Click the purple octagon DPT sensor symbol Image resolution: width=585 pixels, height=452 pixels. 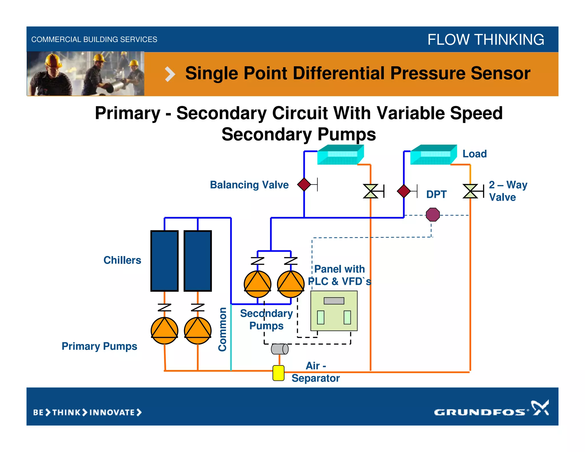433,215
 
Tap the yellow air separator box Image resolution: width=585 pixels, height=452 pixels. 278,373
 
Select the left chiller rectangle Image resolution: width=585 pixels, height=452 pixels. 165,261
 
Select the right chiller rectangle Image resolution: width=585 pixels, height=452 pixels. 198,261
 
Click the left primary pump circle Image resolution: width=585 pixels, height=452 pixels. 165,331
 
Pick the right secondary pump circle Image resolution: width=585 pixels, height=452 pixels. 291,284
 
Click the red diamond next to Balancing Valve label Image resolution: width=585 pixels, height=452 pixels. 304,184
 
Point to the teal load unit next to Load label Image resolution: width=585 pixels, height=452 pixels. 433,155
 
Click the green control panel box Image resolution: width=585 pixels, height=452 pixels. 334,311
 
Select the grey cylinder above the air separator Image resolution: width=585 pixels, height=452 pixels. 280,349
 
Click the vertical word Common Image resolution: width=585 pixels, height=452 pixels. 222,329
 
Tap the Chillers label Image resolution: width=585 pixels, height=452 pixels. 122,260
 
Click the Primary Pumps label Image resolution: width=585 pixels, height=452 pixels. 99,346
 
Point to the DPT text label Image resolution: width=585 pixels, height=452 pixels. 436,194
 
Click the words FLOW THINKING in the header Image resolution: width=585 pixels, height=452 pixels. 486,39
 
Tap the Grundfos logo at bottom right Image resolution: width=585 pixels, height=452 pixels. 491,410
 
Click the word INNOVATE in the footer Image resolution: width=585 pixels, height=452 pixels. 112,413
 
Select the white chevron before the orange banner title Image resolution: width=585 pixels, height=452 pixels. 170,74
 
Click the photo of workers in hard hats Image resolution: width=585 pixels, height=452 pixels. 86,74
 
